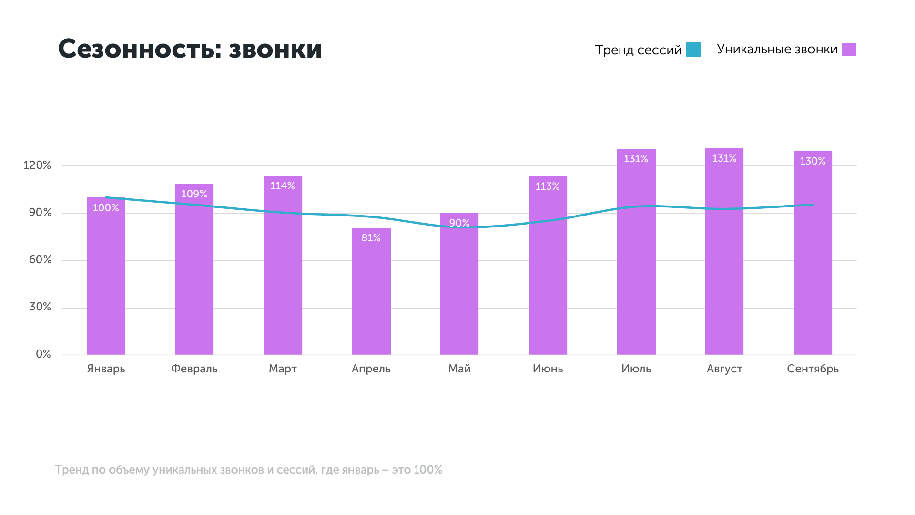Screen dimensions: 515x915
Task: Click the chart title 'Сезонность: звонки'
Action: coord(190,49)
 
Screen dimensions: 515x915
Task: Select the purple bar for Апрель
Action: coord(371,296)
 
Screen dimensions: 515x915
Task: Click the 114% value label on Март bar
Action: coord(283,186)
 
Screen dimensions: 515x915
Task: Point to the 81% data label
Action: coord(371,237)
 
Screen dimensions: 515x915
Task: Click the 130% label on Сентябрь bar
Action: coord(813,161)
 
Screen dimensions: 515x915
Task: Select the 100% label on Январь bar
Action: coord(106,208)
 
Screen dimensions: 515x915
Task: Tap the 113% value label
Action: coord(548,186)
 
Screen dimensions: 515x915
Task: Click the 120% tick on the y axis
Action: coord(37,165)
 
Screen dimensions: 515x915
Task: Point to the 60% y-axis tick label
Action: coord(40,260)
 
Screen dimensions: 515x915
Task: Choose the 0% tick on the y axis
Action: coord(43,354)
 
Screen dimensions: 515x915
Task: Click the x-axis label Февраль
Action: coord(194,369)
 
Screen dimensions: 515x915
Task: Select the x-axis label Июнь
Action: coord(548,369)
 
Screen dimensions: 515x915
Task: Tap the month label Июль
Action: coord(636,369)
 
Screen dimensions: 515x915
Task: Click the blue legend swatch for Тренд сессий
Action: coord(693,50)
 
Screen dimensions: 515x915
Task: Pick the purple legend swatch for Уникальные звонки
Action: coord(848,50)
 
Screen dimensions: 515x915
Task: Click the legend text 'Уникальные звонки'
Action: coord(777,50)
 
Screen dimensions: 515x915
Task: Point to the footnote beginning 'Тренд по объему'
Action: coord(248,470)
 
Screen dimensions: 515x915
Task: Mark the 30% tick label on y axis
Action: coord(40,307)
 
